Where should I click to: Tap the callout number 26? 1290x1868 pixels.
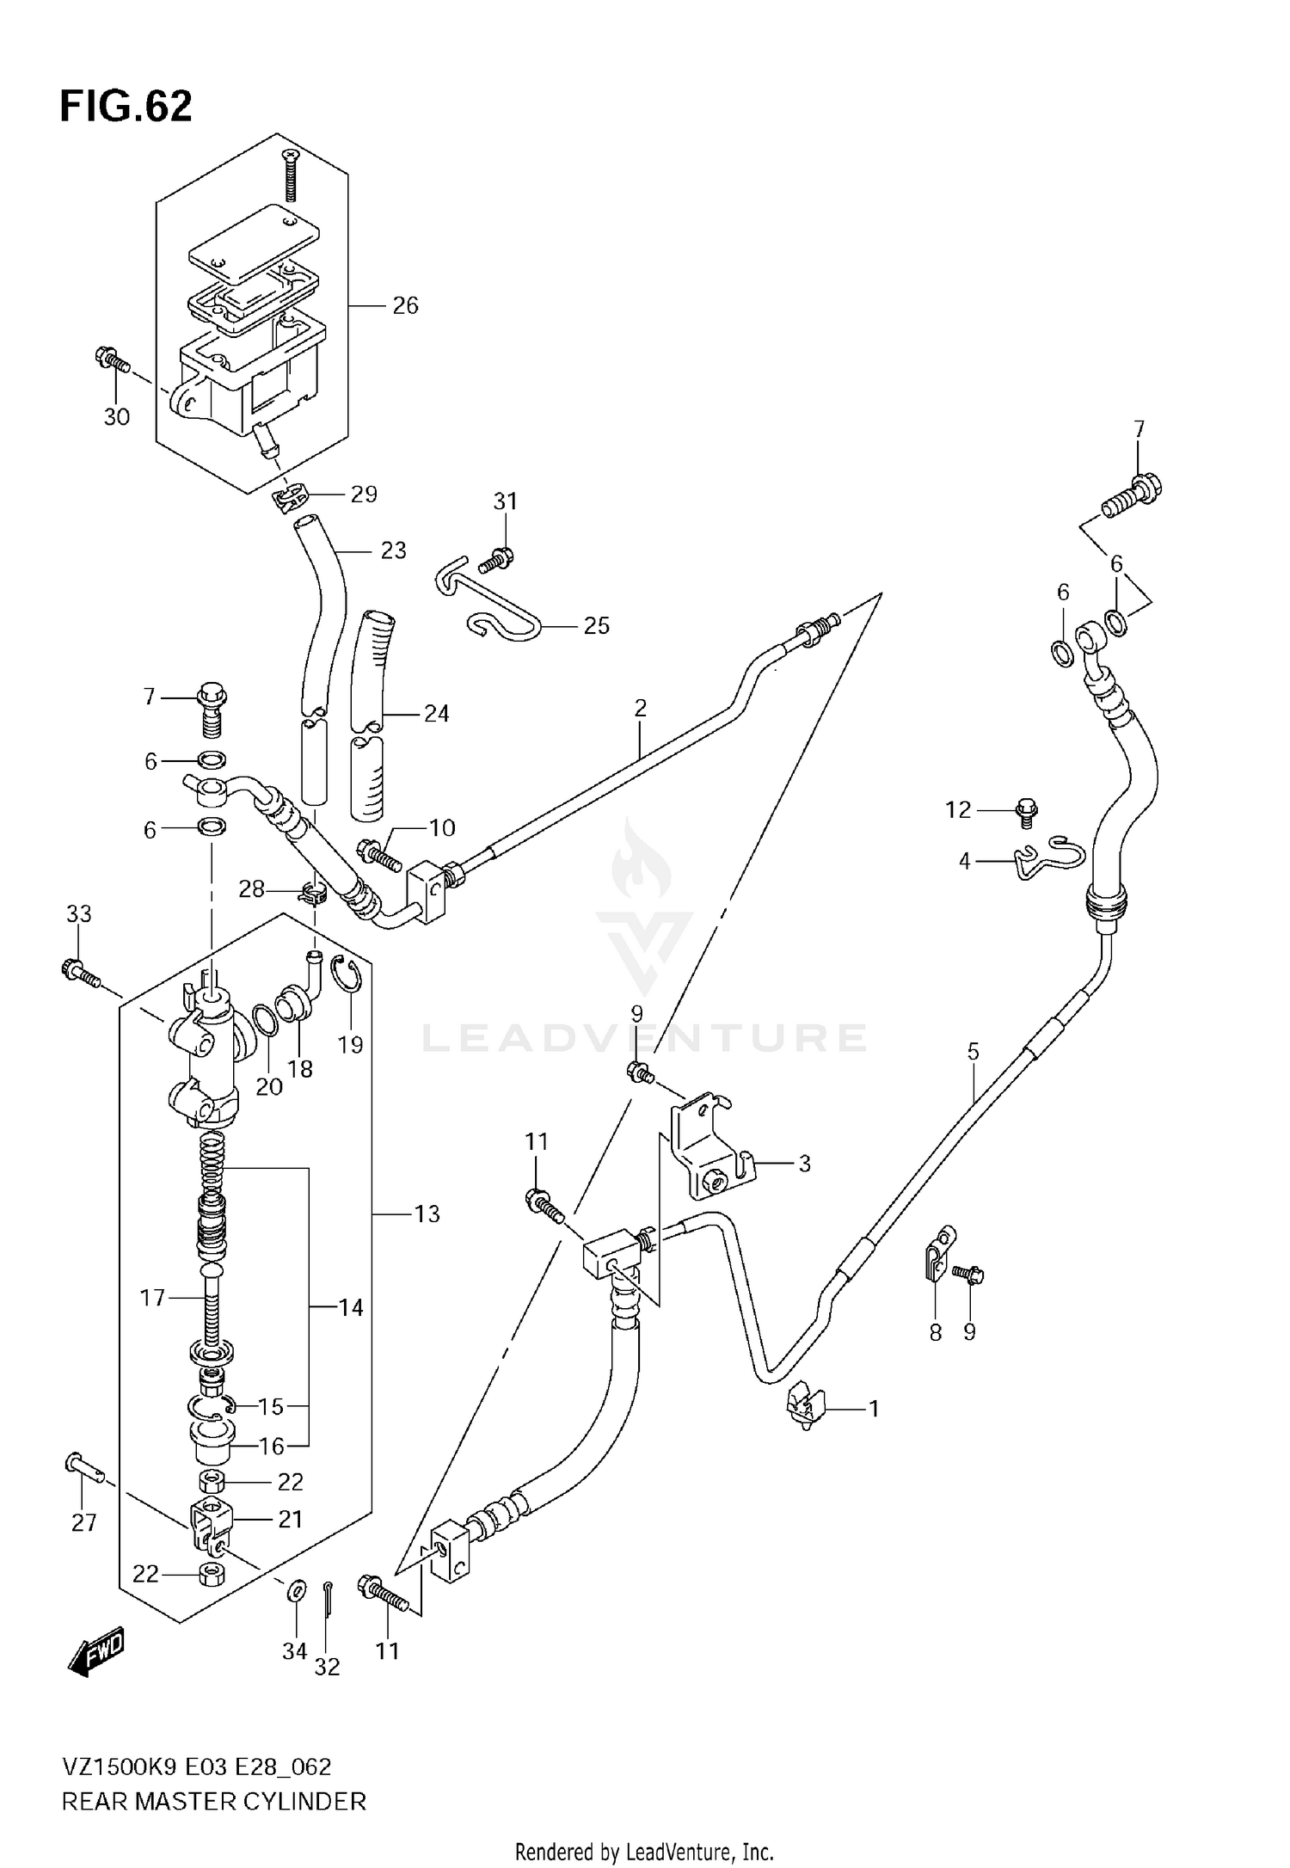click(x=405, y=305)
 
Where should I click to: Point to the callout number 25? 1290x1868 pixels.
click(x=596, y=625)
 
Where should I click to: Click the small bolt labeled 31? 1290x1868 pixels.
click(x=497, y=560)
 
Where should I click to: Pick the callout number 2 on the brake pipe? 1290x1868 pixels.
click(x=640, y=708)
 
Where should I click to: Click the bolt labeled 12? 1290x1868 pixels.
click(x=1027, y=811)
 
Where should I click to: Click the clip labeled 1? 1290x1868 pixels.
click(x=804, y=1408)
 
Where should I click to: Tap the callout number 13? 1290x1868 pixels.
click(x=427, y=1214)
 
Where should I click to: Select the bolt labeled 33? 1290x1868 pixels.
click(x=80, y=974)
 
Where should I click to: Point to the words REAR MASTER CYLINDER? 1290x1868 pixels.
click(x=213, y=1801)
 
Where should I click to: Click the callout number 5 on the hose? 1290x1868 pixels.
click(x=973, y=1051)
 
